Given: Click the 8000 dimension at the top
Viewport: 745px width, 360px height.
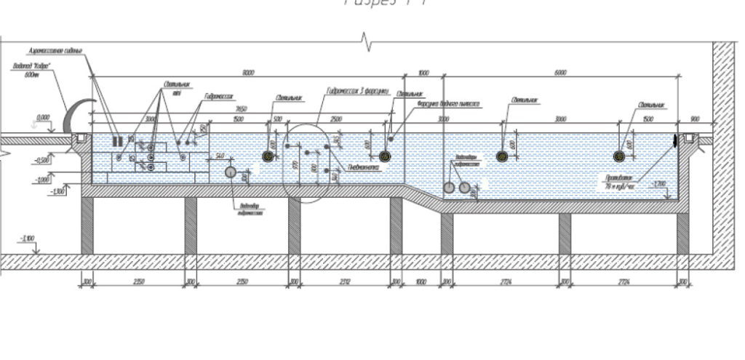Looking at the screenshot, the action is click(x=249, y=73).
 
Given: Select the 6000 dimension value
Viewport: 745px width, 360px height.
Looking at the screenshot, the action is click(x=560, y=73).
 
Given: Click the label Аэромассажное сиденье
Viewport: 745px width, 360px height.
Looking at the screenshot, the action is click(x=55, y=52).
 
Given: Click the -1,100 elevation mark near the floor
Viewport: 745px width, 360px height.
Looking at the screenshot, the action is click(x=28, y=239).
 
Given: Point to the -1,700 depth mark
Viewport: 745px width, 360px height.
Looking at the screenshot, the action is click(x=659, y=183).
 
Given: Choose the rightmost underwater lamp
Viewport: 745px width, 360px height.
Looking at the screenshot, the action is click(x=620, y=155).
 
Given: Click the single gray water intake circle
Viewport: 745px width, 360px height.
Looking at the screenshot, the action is click(x=230, y=172).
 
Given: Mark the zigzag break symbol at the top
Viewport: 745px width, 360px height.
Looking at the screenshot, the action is click(x=368, y=43).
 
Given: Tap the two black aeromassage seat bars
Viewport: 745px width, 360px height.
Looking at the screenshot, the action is click(x=116, y=140).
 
